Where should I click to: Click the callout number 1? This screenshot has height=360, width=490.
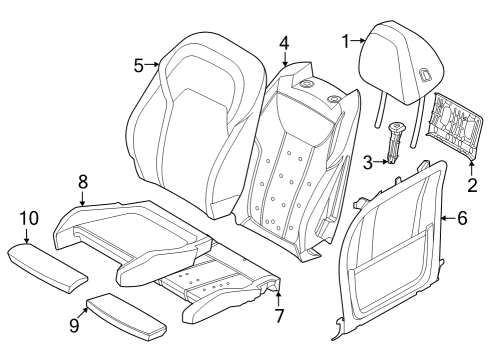(346, 41)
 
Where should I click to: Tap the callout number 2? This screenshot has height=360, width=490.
(473, 185)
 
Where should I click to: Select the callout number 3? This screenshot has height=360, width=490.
(367, 162)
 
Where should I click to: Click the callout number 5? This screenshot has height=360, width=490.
(139, 65)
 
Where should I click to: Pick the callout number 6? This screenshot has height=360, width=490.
(461, 216)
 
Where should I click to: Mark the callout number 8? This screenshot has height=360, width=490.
(83, 181)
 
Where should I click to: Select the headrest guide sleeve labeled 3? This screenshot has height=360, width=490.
(397, 141)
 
